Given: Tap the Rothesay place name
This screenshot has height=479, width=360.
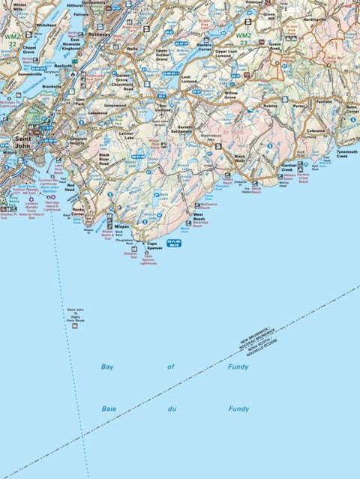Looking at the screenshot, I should tap(99, 34).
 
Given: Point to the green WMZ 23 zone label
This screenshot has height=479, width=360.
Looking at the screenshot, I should tap(245, 38).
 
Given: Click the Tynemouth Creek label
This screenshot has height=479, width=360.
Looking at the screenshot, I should tap(346, 153).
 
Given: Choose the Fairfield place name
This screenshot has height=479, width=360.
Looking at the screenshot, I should tap(324, 100).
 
